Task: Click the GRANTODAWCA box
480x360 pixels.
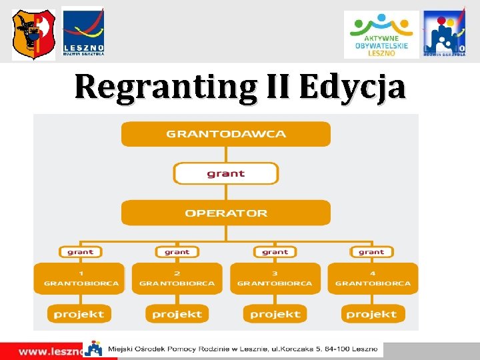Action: point(225,133)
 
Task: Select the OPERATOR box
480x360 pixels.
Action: point(225,213)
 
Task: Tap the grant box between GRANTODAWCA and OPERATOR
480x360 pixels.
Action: point(225,173)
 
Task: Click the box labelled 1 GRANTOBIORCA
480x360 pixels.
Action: point(81,278)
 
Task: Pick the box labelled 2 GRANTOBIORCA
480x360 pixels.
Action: point(177,278)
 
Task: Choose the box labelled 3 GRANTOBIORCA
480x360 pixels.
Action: point(275,278)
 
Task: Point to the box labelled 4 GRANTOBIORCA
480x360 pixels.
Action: point(372,278)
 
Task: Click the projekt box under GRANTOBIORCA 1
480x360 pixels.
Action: point(79,313)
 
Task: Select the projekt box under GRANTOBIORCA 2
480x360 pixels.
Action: point(177,313)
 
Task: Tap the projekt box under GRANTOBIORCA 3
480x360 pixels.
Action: point(275,313)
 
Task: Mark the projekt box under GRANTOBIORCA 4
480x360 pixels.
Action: point(372,313)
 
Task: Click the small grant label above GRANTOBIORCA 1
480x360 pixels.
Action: point(80,252)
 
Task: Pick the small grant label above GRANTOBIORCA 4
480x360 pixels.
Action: point(371,252)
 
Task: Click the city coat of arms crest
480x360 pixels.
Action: point(33,35)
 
